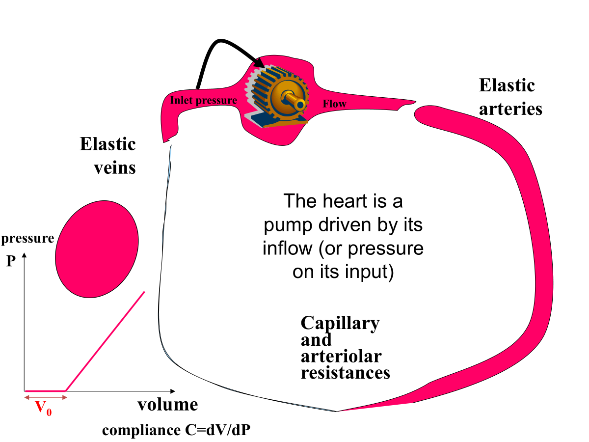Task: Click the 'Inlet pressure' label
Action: pos(203,101)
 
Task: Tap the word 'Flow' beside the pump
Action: pos(334,104)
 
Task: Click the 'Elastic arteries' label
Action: pos(510,97)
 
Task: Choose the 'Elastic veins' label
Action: pos(108,156)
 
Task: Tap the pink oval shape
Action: pos(97,249)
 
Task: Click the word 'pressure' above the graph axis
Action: pos(27,239)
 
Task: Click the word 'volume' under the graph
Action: pos(167,405)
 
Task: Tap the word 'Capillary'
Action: pos(340,323)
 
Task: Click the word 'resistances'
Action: pos(345,372)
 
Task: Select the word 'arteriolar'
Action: pos(341,356)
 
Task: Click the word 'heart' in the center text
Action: pos(344,201)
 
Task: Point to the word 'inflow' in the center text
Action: pos(287,248)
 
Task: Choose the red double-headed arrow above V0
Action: pos(45,397)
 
